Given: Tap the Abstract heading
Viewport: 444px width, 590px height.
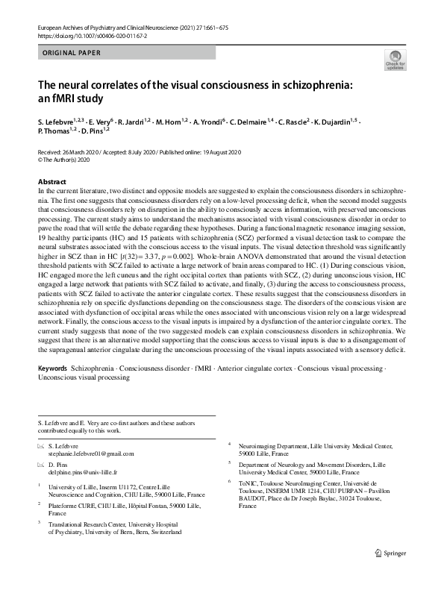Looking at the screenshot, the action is pos(51,182).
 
